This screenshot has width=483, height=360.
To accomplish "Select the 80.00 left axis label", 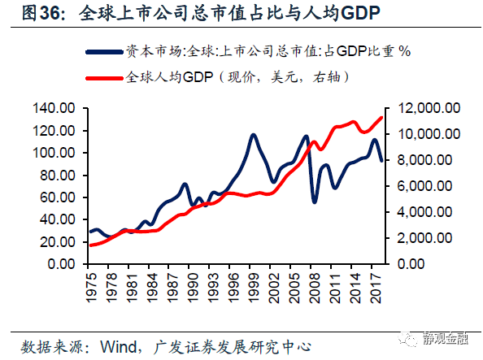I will click(x=58, y=176).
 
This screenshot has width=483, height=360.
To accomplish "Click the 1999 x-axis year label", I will click(x=255, y=285).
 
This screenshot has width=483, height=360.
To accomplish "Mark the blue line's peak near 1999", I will click(x=255, y=135).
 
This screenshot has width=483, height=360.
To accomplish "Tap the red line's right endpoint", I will click(x=382, y=118).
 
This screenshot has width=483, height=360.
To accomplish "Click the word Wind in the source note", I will click(x=117, y=345).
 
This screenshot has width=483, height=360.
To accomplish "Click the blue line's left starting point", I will click(x=90, y=232).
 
